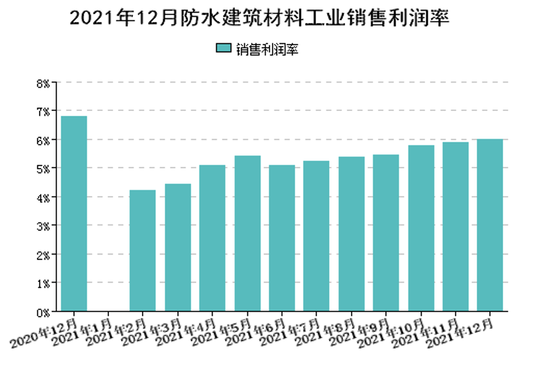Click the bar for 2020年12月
[x=74, y=214]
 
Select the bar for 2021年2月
[x=143, y=251]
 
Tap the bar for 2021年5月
[x=247, y=233]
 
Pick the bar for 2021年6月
[x=281, y=238]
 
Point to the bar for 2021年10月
[x=421, y=228]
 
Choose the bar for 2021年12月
[x=490, y=225]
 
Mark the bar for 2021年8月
[x=351, y=234]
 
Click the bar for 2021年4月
[x=212, y=238]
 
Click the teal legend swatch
[x=223, y=49]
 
